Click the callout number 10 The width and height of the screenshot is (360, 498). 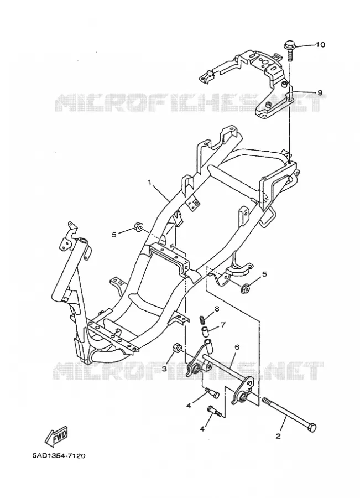tap(320, 45)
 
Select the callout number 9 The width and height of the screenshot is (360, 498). tap(320, 92)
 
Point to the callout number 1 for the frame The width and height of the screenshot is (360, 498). tap(150, 182)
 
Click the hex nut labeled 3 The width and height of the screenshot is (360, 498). tap(178, 349)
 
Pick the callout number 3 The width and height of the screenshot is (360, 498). tap(164, 369)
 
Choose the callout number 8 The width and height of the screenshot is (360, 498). tap(217, 308)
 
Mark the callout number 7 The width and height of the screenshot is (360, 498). tap(223, 325)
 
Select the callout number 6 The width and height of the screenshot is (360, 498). tap(237, 347)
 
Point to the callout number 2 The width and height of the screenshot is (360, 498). tap(278, 437)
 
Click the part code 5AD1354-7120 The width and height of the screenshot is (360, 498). tap(59, 456)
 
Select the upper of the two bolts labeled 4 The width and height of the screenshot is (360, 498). tap(211, 392)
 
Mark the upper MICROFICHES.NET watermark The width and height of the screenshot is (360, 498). tap(187, 102)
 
